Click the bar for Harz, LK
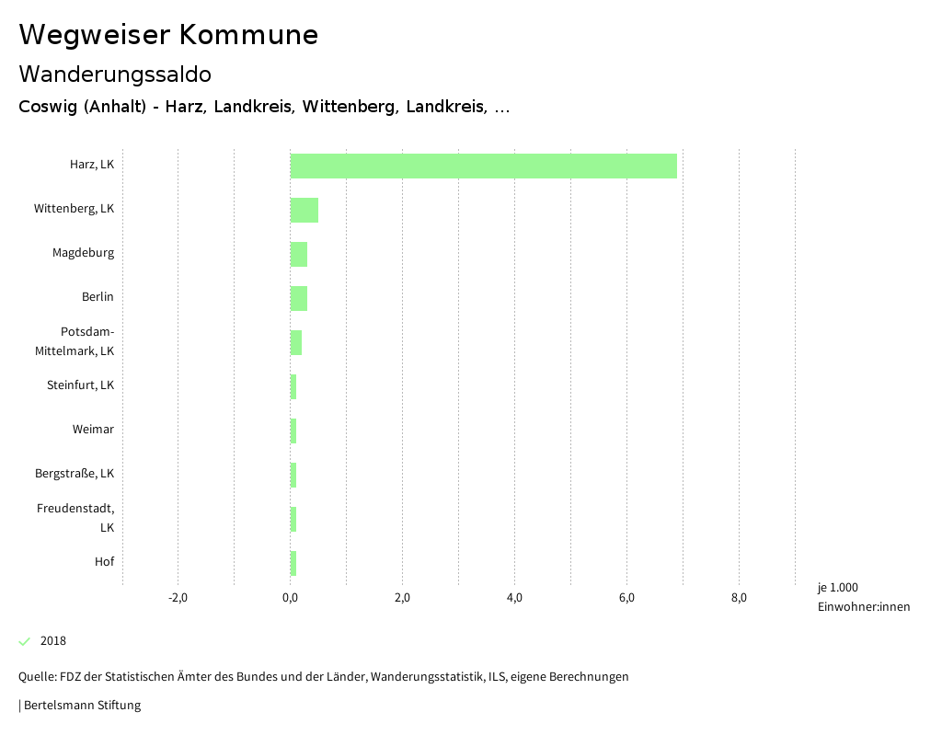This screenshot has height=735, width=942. pyautogui.click(x=483, y=166)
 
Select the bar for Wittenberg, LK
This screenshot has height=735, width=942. pyautogui.click(x=304, y=210)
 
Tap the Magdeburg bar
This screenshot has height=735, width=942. pyautogui.click(x=298, y=254)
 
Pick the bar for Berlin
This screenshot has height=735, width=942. pyautogui.click(x=298, y=298)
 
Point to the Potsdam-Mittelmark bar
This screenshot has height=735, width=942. pyautogui.click(x=295, y=342)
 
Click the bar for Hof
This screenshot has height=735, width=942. pyautogui.click(x=293, y=563)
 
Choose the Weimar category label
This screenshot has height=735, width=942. pyautogui.click(x=93, y=430)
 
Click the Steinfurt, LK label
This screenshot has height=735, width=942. pyautogui.click(x=80, y=385)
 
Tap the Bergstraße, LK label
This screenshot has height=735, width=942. pyautogui.click(x=75, y=474)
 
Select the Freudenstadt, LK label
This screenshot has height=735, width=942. pyautogui.click(x=75, y=517)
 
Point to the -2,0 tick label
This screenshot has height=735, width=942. pyautogui.click(x=178, y=598)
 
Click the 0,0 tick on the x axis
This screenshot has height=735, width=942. pyautogui.click(x=290, y=598)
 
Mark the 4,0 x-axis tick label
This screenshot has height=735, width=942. pyautogui.click(x=514, y=598)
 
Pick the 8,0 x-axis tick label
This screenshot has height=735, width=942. pyautogui.click(x=739, y=598)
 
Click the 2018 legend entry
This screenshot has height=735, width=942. pyautogui.click(x=52, y=641)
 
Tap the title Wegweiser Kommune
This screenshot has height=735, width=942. pyautogui.click(x=168, y=35)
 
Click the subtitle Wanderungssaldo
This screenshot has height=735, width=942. pyautogui.click(x=115, y=74)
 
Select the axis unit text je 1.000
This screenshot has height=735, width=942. pyautogui.click(x=837, y=588)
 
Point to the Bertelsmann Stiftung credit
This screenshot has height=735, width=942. pyautogui.click(x=81, y=706)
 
